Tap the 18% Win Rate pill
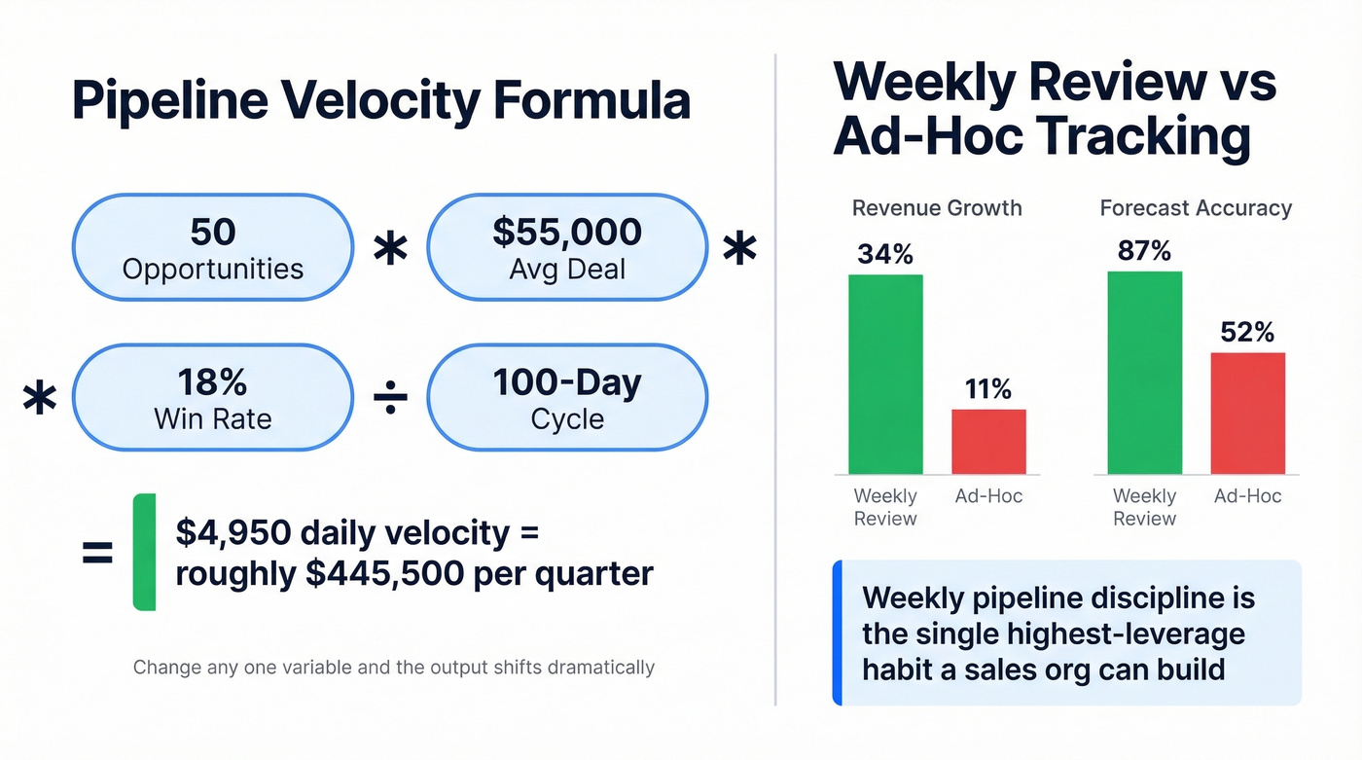click(x=212, y=397)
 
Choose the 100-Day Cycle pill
click(x=567, y=397)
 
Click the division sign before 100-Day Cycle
click(x=390, y=399)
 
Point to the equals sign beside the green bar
click(x=97, y=555)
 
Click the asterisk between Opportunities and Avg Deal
click(x=390, y=251)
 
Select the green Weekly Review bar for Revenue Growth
click(x=885, y=375)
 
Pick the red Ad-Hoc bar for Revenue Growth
click(x=988, y=442)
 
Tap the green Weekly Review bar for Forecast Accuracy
click(x=1145, y=373)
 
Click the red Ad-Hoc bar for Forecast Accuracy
click(x=1247, y=414)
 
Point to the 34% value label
click(x=885, y=254)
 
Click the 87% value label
click(x=1145, y=251)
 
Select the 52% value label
click(x=1247, y=333)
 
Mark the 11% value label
click(x=988, y=389)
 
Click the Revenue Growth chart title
click(x=937, y=208)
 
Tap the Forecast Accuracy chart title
click(x=1196, y=208)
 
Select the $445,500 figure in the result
click(x=383, y=574)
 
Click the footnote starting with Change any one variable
click(x=393, y=668)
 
